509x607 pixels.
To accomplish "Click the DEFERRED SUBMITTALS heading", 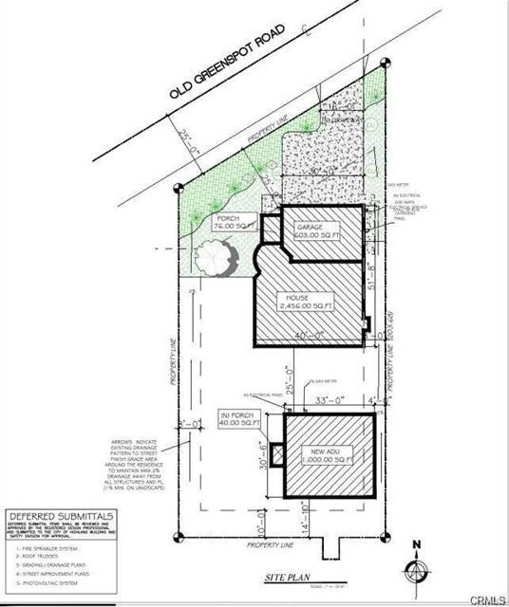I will click(61, 515).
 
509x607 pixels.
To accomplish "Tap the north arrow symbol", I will click(415, 565).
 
